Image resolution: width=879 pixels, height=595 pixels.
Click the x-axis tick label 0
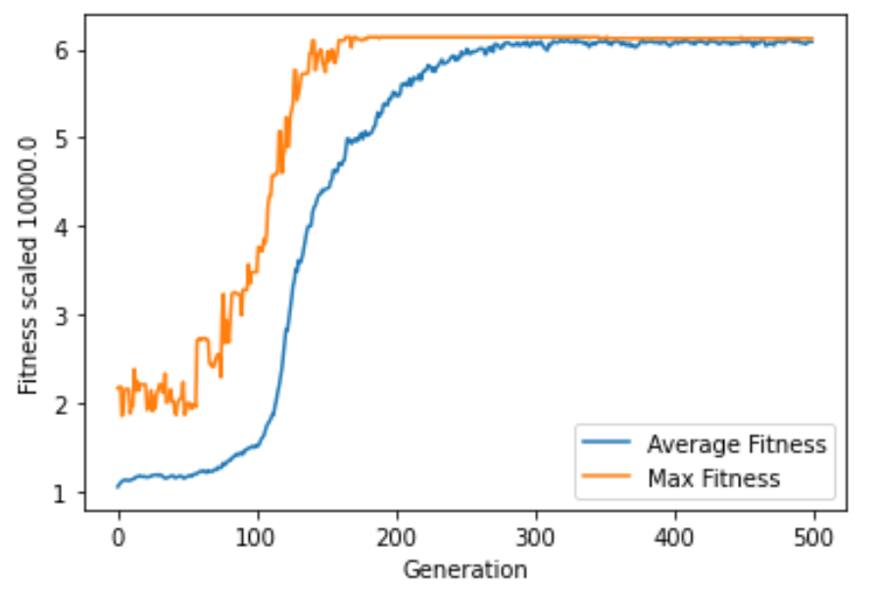(x=119, y=537)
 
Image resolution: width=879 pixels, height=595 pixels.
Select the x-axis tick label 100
(x=258, y=537)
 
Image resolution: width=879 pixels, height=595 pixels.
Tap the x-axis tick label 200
(x=397, y=537)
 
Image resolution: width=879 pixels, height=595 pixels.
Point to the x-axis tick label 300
(x=536, y=537)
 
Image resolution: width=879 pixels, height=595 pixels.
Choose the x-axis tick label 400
(x=675, y=537)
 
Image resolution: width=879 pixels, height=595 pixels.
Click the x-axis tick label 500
(x=814, y=537)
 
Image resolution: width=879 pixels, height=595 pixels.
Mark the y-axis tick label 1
(x=62, y=492)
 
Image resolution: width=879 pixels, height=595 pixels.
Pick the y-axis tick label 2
(x=62, y=404)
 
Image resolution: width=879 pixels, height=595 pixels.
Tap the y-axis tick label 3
(x=62, y=315)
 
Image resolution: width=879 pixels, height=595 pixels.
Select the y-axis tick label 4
(x=62, y=227)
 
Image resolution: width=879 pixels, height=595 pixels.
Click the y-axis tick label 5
(x=62, y=138)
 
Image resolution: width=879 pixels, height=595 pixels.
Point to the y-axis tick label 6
(x=62, y=50)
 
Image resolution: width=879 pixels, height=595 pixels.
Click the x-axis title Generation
(x=466, y=570)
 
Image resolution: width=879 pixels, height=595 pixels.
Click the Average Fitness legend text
(x=736, y=444)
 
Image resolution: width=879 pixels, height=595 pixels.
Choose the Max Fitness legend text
(x=712, y=478)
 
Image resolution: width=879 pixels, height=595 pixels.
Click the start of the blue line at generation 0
(x=119, y=485)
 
